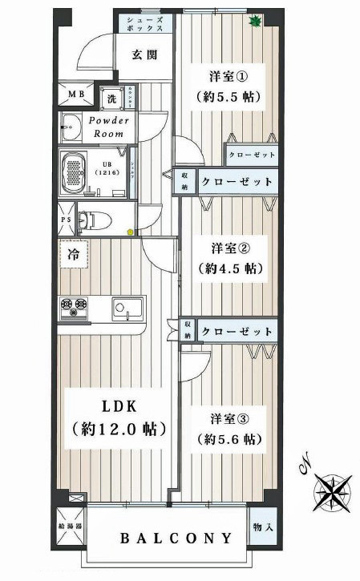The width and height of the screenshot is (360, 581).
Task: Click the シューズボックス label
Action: (146, 22)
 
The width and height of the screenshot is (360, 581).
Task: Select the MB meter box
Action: (76, 96)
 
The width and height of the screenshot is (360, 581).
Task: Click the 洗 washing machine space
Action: (113, 97)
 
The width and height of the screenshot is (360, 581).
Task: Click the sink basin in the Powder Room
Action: (71, 127)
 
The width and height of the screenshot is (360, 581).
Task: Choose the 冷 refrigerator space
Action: (73, 258)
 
